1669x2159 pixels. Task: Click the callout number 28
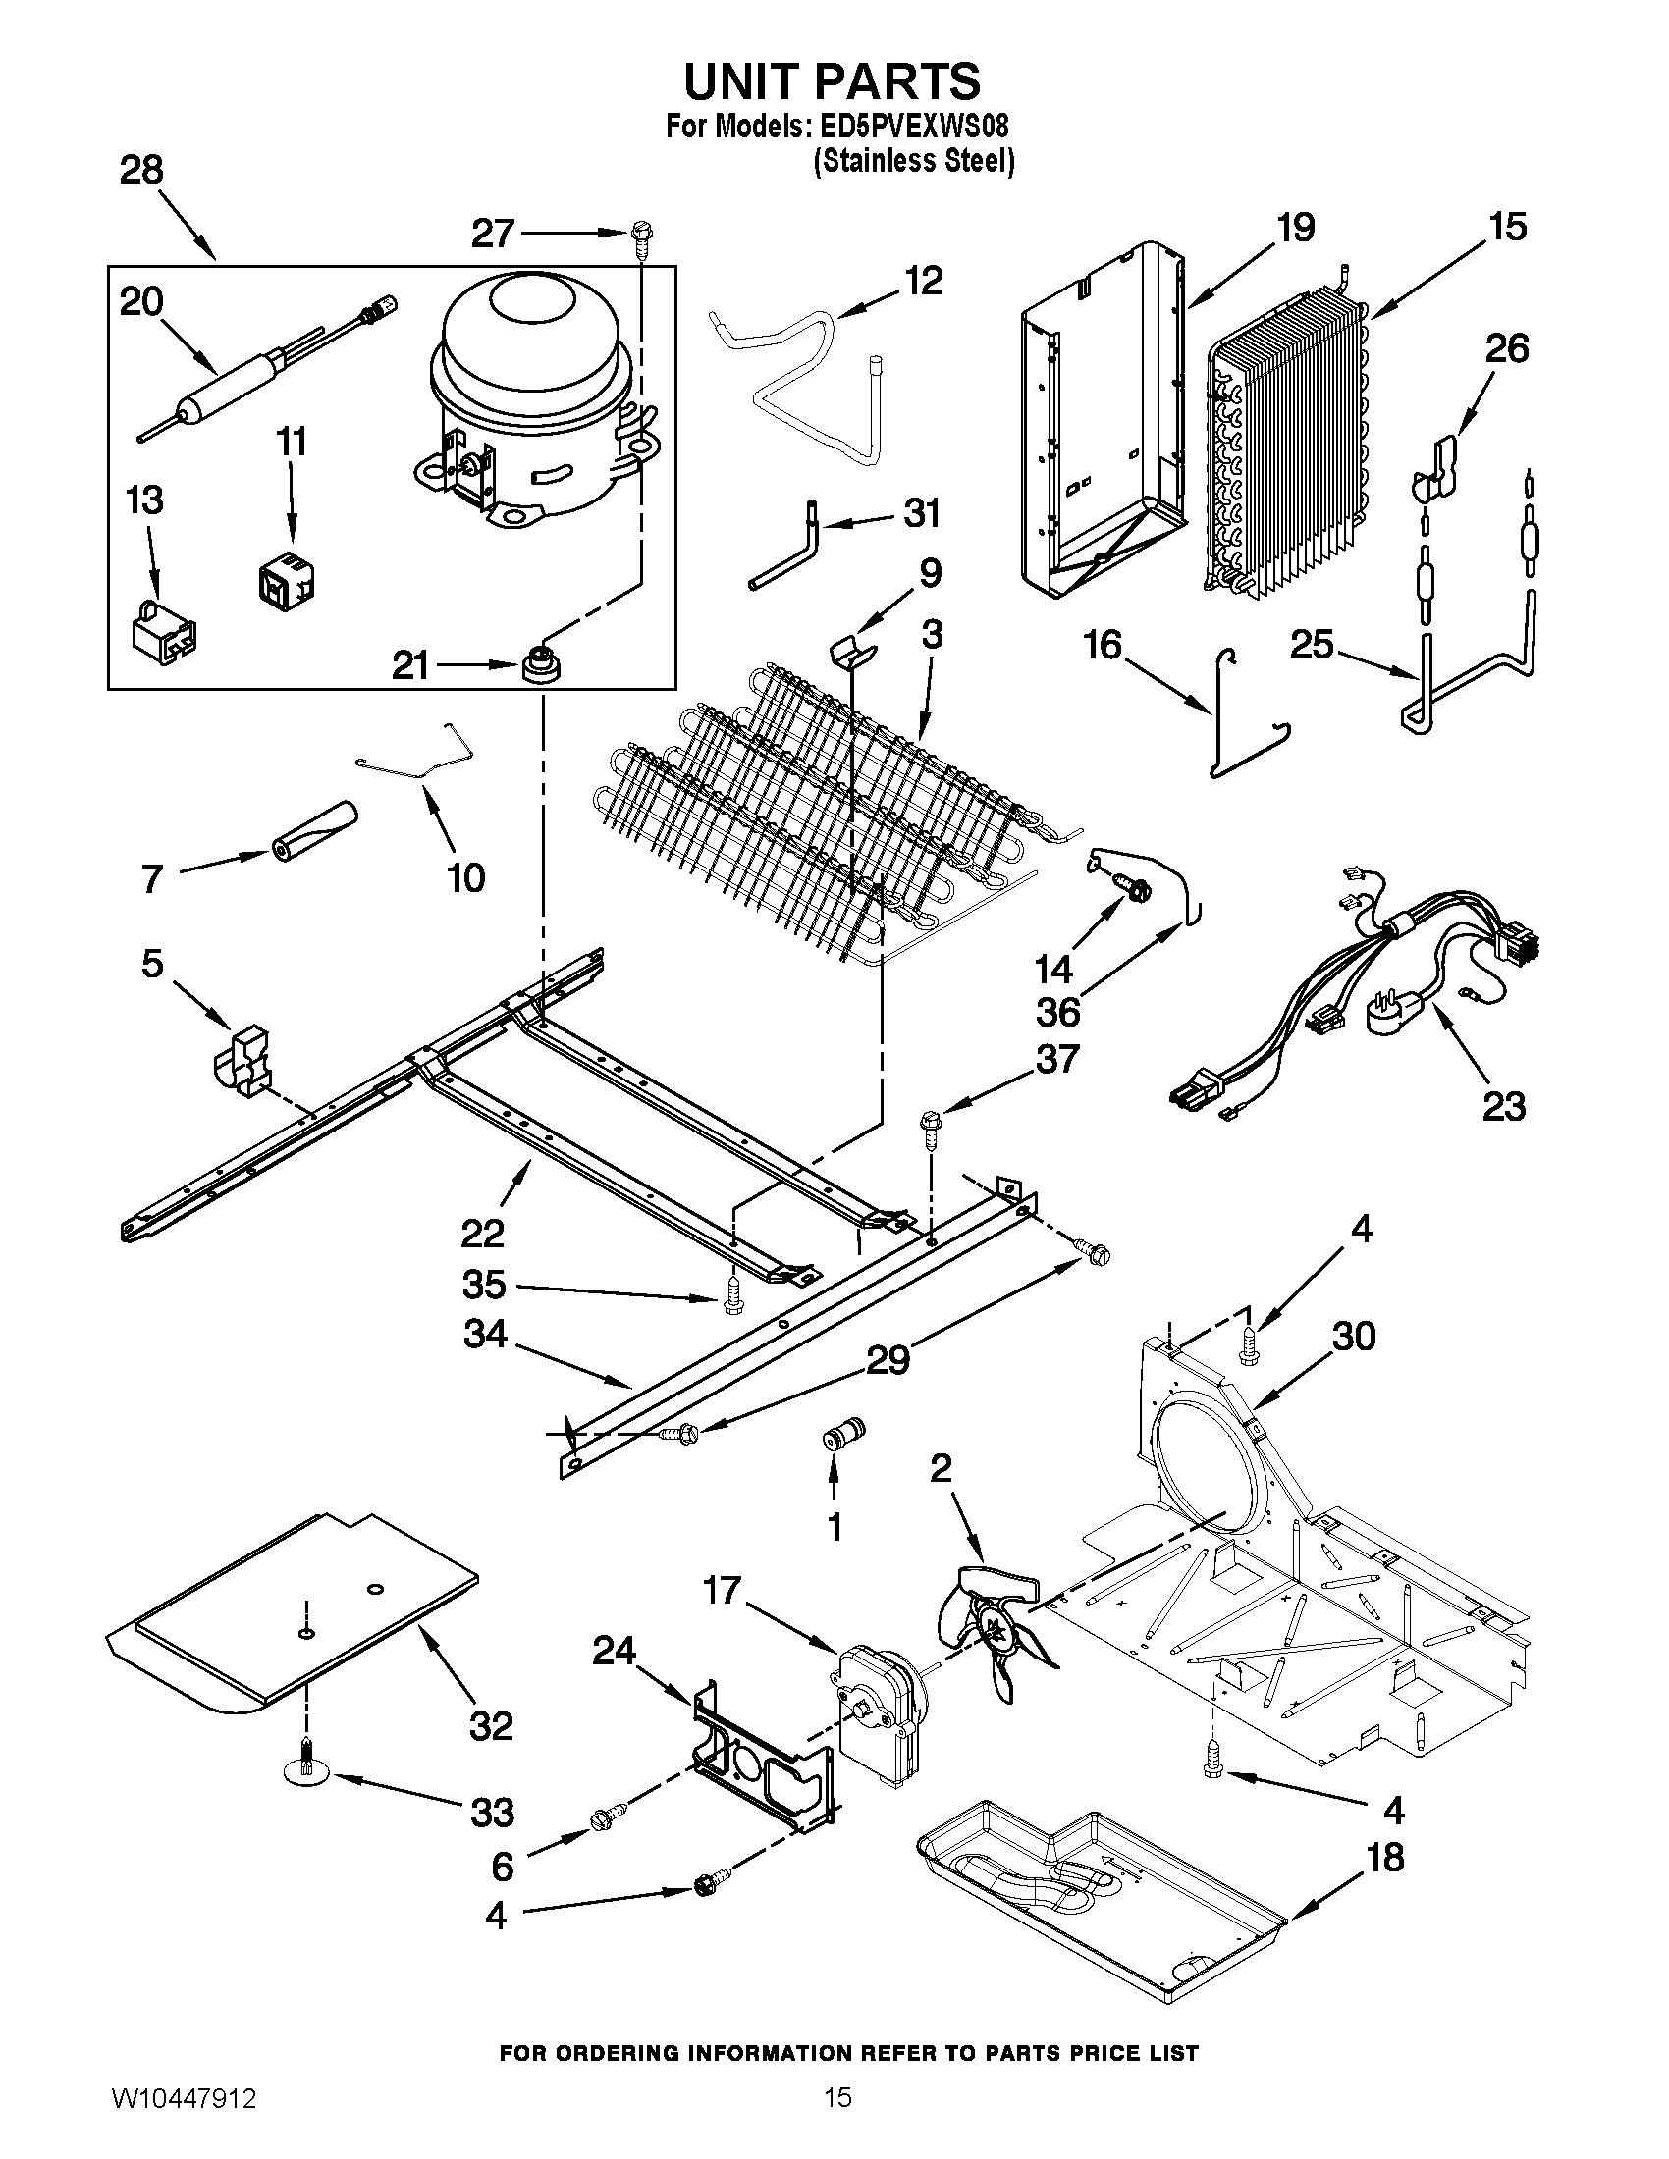point(141,170)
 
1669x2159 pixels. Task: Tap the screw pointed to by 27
point(638,237)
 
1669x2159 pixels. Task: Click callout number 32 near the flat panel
point(492,1726)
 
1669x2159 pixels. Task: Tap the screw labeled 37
point(931,1128)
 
